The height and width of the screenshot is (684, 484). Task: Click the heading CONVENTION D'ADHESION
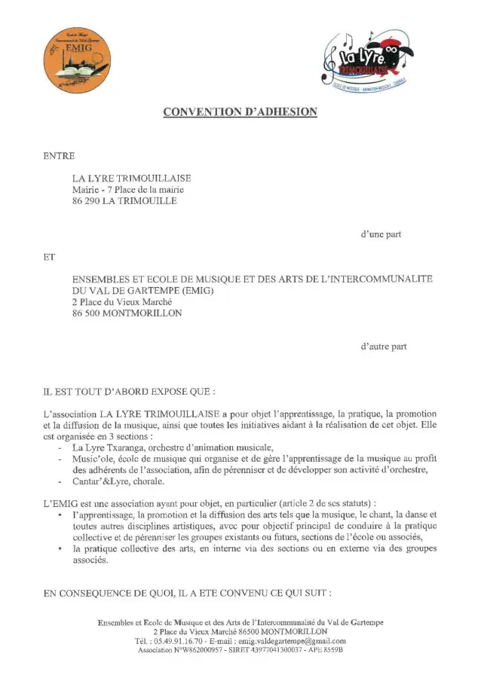(x=240, y=112)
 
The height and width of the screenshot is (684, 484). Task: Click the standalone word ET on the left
(x=51, y=257)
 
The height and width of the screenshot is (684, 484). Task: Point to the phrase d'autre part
(x=383, y=347)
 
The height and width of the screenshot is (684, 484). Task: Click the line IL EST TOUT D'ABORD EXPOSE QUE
(x=129, y=392)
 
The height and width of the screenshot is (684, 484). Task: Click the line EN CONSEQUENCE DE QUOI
(x=187, y=594)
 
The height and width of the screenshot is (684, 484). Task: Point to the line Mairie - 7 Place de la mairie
(x=127, y=190)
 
